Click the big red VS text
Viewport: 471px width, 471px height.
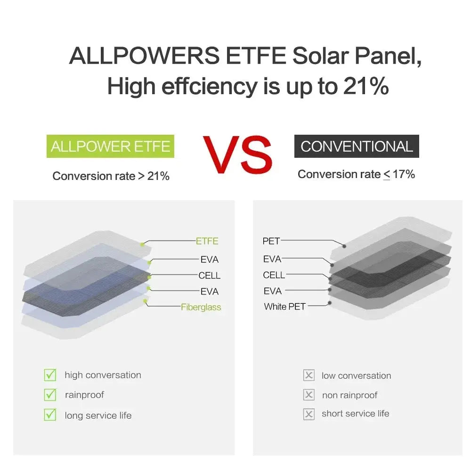237,154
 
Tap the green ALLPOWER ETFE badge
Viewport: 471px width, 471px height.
110,146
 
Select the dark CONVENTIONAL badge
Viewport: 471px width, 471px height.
357,146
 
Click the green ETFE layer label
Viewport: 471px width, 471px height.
207,241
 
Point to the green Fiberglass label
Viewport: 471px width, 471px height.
201,307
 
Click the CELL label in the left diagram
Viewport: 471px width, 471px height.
209,276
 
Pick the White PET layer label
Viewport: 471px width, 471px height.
284,307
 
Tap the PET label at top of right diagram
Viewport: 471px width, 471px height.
271,241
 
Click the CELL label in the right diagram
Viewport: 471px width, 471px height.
274,275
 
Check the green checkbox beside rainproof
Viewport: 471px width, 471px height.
49,395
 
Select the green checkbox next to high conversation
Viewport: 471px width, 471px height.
49,375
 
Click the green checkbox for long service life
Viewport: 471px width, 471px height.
49,415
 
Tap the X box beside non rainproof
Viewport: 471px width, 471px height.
309,395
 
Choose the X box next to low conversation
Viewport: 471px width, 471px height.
309,375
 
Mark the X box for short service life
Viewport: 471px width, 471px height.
309,414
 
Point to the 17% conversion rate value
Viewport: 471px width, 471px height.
404,174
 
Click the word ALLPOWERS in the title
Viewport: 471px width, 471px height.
144,57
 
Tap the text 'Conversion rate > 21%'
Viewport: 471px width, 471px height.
111,176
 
